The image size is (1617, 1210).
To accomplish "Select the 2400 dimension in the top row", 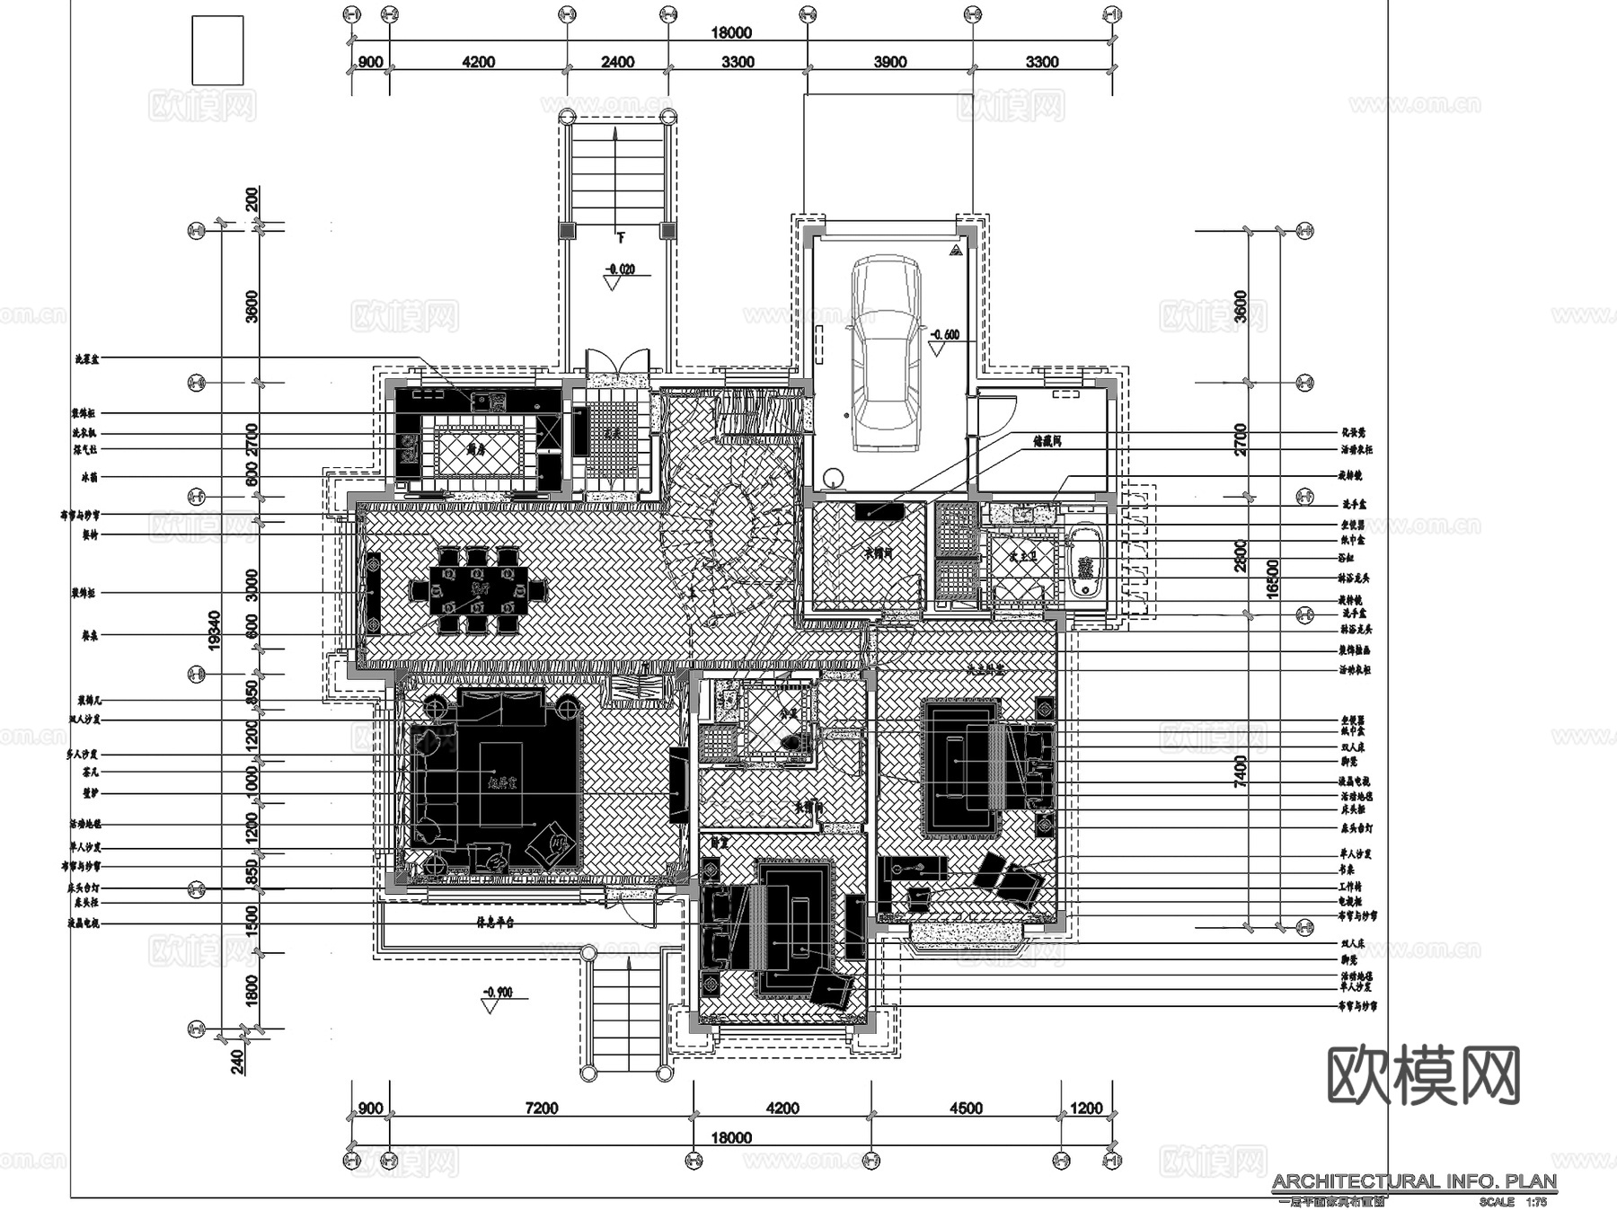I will pos(617,62).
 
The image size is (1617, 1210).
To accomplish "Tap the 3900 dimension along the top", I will pos(889,62).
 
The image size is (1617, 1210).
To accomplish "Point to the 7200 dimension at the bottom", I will pos(541,1108).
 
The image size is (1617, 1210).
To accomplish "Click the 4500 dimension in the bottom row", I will pos(966,1108).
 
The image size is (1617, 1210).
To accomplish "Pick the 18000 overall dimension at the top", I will pos(731,33).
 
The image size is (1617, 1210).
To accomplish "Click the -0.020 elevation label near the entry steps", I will pos(619,269).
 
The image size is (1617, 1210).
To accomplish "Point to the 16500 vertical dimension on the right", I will pos(1272,579).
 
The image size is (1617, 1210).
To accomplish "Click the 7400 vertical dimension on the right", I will pos(1241,771).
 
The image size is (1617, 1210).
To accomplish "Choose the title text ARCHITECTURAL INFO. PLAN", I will pos(1413,1181).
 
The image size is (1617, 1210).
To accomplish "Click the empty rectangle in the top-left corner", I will pos(217,50).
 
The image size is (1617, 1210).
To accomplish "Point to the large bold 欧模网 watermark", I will pos(1424,1075).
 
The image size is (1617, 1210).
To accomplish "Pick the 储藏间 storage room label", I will pos(1047,442).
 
